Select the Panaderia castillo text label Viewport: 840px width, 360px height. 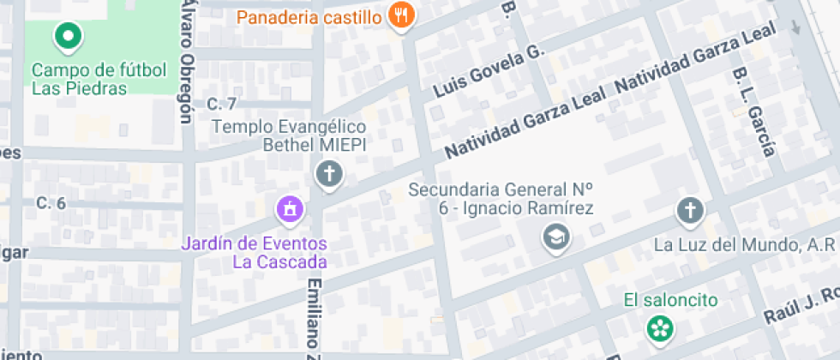pyautogui.click(x=308, y=16)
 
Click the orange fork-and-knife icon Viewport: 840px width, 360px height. pyautogui.click(x=400, y=15)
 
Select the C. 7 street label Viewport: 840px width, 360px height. pyautogui.click(x=221, y=105)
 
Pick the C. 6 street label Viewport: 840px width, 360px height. pyautogui.click(x=51, y=203)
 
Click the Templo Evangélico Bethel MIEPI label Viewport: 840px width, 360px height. pyautogui.click(x=289, y=135)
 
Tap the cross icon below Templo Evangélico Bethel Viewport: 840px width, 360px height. pyautogui.click(x=328, y=176)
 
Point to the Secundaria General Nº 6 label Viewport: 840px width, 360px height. pyautogui.click(x=501, y=198)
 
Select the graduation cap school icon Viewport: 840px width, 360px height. pyautogui.click(x=557, y=237)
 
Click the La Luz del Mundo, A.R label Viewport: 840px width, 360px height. pyautogui.click(x=744, y=245)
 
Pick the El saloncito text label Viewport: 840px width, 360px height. pyautogui.click(x=670, y=300)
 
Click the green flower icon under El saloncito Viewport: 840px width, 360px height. pyautogui.click(x=660, y=327)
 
